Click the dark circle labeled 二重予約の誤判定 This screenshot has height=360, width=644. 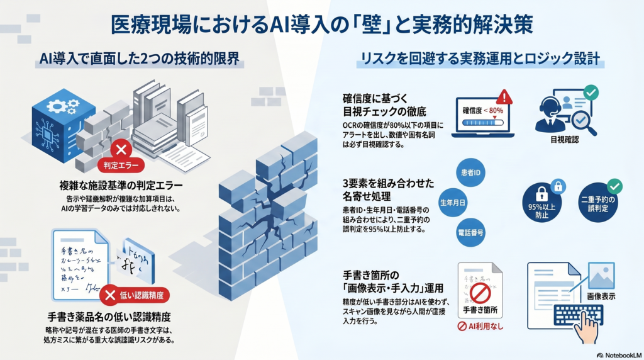(597, 204)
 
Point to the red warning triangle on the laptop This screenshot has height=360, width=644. (504, 97)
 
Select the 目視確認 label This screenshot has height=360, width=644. (564, 140)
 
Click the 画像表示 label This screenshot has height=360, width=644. (600, 296)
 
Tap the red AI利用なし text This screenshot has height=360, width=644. (480, 326)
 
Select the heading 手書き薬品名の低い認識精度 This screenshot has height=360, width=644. (109, 316)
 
